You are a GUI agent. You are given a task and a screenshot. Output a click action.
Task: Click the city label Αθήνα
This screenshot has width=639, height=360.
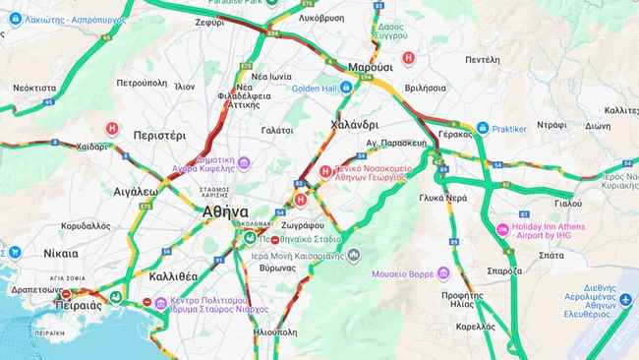click(225, 211)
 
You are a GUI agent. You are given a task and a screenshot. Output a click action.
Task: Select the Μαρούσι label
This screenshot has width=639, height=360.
click(371, 67)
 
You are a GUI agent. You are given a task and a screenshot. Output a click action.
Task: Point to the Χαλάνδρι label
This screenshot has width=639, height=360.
click(354, 125)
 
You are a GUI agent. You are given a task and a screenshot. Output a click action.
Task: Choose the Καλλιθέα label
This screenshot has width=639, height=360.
click(173, 276)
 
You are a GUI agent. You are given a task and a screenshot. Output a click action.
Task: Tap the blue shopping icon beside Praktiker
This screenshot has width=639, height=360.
click(483, 128)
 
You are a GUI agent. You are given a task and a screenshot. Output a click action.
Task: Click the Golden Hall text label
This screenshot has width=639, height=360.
click(315, 89)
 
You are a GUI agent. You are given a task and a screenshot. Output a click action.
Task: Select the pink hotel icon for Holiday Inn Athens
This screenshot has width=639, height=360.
click(502, 230)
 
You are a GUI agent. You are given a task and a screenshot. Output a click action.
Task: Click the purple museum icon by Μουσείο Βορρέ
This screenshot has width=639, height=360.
click(443, 272)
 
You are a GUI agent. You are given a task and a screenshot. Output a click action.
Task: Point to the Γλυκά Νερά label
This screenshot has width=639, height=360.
click(442, 198)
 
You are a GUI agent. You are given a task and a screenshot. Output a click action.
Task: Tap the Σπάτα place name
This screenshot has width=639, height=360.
click(552, 255)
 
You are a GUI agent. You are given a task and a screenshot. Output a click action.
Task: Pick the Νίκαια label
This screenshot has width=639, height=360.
click(61, 253)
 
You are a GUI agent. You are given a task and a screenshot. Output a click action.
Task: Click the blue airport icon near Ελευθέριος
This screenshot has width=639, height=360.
click(625, 301)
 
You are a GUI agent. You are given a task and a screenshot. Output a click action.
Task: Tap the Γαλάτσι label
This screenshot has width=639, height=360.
click(277, 130)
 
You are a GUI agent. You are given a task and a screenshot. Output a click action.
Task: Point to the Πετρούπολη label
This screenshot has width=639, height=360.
click(140, 83)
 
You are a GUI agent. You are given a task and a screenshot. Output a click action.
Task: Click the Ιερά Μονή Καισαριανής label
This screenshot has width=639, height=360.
click(293, 255)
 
